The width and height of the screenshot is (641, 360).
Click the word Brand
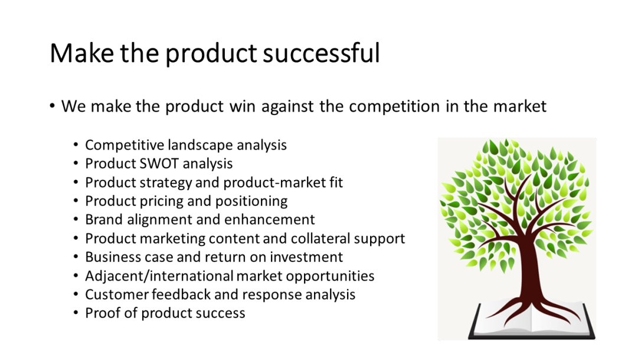[x=104, y=220]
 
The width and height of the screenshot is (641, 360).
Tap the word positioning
[x=254, y=201]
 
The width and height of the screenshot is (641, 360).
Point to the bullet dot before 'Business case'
[x=76, y=258]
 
